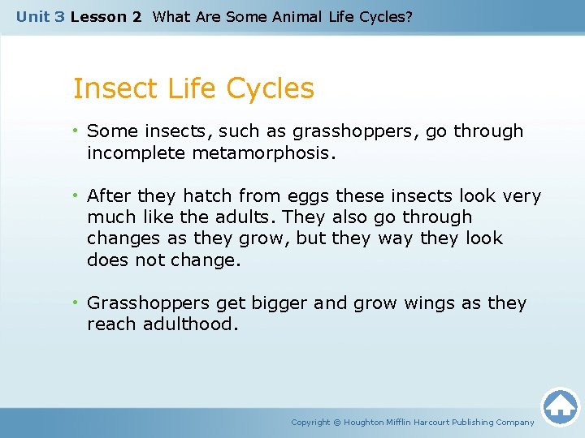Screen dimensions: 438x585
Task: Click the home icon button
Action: (560, 406)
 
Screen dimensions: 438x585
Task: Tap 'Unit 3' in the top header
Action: (41, 16)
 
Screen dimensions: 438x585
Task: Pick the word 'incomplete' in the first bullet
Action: (136, 152)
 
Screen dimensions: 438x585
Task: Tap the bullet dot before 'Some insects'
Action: (77, 131)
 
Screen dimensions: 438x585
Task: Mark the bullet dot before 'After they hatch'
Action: (77, 196)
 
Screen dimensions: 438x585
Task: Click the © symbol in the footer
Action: (337, 423)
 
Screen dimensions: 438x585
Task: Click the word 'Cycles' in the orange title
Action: (272, 88)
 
